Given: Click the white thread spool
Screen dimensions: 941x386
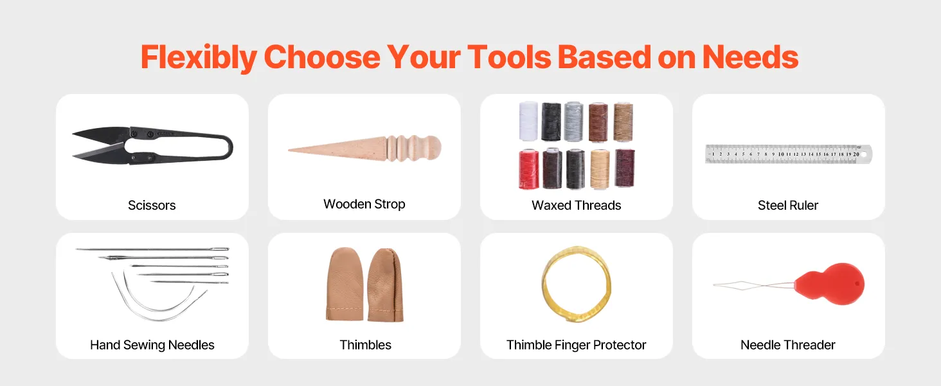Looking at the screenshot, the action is pos(528,121).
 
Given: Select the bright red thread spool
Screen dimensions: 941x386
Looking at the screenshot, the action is pos(529,169).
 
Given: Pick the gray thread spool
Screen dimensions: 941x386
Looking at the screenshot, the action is pos(573,121).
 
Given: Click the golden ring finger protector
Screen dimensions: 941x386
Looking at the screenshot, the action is pos(577,284).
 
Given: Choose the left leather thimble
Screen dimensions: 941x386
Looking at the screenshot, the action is pos(345,284).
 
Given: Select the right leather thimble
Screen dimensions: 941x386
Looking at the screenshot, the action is pos(385,285).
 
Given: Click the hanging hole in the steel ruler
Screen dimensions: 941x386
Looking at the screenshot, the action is pos(864,155).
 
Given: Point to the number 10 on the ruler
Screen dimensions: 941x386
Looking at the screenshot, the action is pos(781,154).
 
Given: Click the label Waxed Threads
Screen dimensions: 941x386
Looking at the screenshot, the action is pos(576,205).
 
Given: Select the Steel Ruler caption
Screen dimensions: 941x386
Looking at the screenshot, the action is pos(787,205).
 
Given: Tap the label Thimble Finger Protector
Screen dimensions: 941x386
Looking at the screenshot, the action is pos(576,345).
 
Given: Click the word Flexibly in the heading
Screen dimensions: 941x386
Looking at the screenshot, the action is pos(199,58).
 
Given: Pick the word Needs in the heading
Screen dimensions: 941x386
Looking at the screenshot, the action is pos(750,57).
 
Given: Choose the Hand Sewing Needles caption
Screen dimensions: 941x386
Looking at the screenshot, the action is pos(152,345).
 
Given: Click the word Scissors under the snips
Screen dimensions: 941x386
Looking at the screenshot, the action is pos(152,205).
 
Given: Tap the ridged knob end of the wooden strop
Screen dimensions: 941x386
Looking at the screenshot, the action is pos(414,148).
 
